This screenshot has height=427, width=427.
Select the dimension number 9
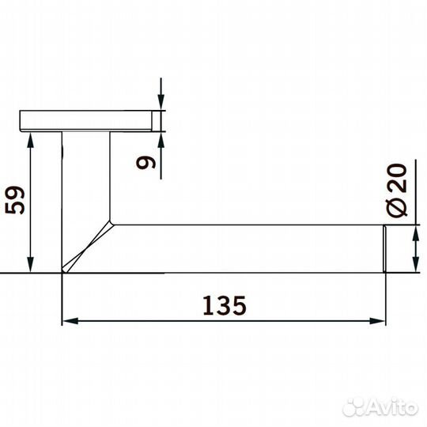tap(145, 164)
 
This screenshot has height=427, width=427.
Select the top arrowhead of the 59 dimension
tap(31, 139)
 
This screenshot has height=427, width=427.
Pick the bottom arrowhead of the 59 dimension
tap(31, 266)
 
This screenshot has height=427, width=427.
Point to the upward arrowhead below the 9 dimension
tap(161, 138)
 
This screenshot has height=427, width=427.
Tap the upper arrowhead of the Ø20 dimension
tap(416, 233)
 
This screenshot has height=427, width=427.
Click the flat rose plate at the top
tap(87, 120)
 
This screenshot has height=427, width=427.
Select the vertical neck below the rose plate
tap(85, 182)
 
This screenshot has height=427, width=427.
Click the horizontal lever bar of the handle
tap(245, 248)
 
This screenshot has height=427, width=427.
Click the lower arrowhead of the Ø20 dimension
tap(416, 265)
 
